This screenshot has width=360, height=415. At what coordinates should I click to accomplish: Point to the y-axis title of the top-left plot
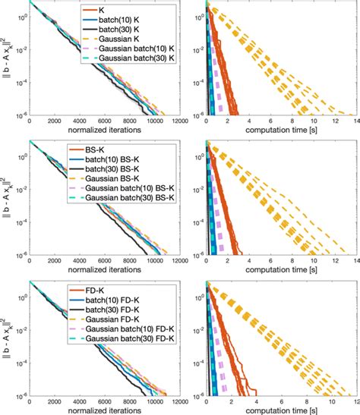tap(6, 61)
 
